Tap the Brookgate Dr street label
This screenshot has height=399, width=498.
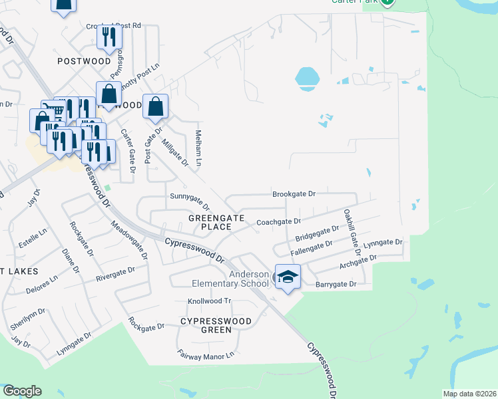pos(293,194)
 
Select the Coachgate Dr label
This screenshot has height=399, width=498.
pos(279,221)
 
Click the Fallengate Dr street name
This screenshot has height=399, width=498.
pos(312,247)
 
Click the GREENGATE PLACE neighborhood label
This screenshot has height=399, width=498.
pos(210,222)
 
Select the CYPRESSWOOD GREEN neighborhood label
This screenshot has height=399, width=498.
pos(216,325)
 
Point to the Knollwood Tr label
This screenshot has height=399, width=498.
pos(209,301)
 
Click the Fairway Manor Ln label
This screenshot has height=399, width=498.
pos(206,355)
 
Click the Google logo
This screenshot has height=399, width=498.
pos(22,391)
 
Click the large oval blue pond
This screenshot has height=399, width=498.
pos(306,78)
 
